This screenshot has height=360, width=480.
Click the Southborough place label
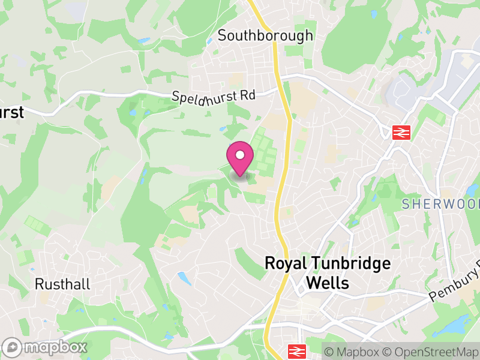pos(265,35)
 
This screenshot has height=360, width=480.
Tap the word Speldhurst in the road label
pos(205,97)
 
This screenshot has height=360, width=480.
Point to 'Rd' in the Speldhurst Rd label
pos(248,95)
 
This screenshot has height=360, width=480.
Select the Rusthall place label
pos(62,284)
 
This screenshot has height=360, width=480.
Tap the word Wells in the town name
pos(328,283)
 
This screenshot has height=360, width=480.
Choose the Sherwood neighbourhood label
pos(441,204)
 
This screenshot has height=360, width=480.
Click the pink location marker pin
pos(240,159)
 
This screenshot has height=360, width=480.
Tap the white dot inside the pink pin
pos(240,155)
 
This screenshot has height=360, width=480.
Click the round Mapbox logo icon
pos(13,347)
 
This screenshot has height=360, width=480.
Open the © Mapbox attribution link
pos(352,352)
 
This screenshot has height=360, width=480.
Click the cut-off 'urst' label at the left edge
pos(11,112)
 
